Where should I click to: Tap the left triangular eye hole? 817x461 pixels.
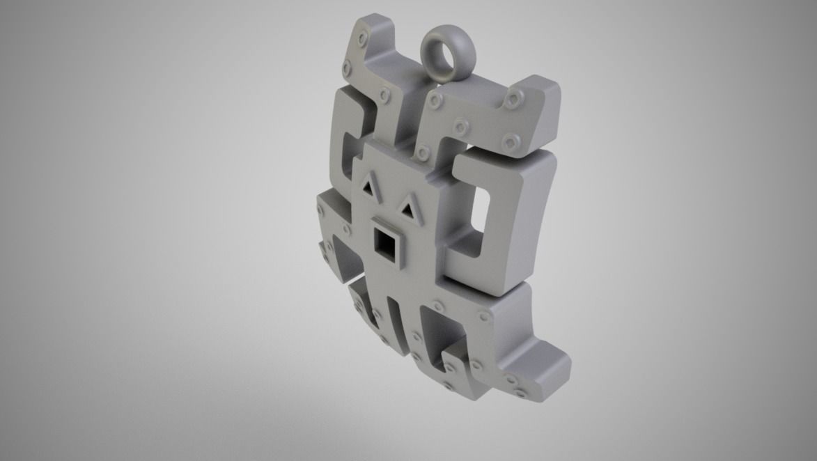tap(368, 186)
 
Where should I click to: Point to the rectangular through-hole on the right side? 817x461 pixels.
tap(481, 208)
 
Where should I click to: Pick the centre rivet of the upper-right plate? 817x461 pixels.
tap(460, 127)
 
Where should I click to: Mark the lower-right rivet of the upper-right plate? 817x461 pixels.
tap(511, 141)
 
